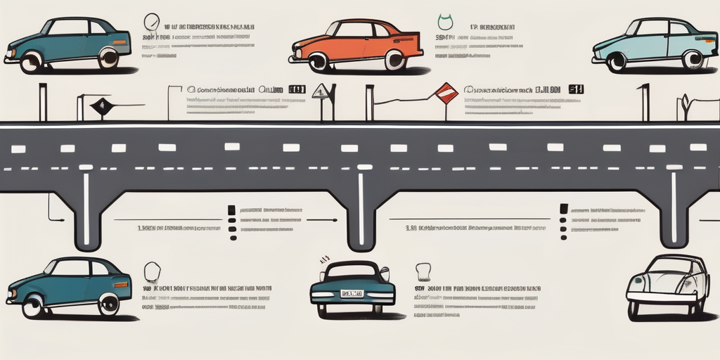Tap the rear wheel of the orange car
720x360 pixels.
[x=394, y=60]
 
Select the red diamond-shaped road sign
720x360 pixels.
[x=446, y=93]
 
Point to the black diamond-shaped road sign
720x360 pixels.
[x=101, y=106]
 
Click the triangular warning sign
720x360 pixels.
[x=321, y=91]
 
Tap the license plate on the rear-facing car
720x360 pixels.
[x=352, y=293]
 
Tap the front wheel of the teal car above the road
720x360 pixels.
[x=31, y=62]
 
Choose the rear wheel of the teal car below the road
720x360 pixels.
[x=108, y=304]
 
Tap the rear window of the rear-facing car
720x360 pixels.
[x=352, y=271]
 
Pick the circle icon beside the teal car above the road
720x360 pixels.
[x=151, y=21]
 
